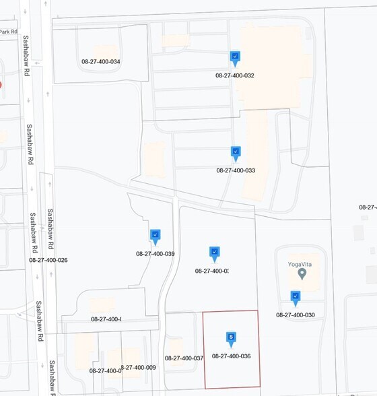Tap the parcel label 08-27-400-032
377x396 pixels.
click(235, 75)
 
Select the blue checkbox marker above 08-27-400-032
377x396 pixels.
click(235, 58)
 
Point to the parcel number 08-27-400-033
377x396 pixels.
click(236, 170)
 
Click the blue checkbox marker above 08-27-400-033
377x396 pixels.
click(236, 153)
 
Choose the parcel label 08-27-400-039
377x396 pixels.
click(155, 254)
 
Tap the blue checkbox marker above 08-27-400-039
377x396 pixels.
click(155, 235)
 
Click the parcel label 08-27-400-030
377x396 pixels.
click(296, 315)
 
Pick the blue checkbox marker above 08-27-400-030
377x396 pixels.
click(296, 296)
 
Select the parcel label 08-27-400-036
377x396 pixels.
click(231, 356)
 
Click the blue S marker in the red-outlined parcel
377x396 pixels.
click(231, 337)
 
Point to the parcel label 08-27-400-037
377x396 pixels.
click(184, 358)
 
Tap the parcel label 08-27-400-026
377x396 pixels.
click(48, 260)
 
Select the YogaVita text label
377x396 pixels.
click(302, 264)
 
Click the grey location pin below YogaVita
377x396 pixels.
click(302, 273)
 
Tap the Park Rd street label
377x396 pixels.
click(8, 32)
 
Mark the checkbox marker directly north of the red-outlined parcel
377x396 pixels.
click(214, 253)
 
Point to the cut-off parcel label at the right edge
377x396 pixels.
click(368, 207)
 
